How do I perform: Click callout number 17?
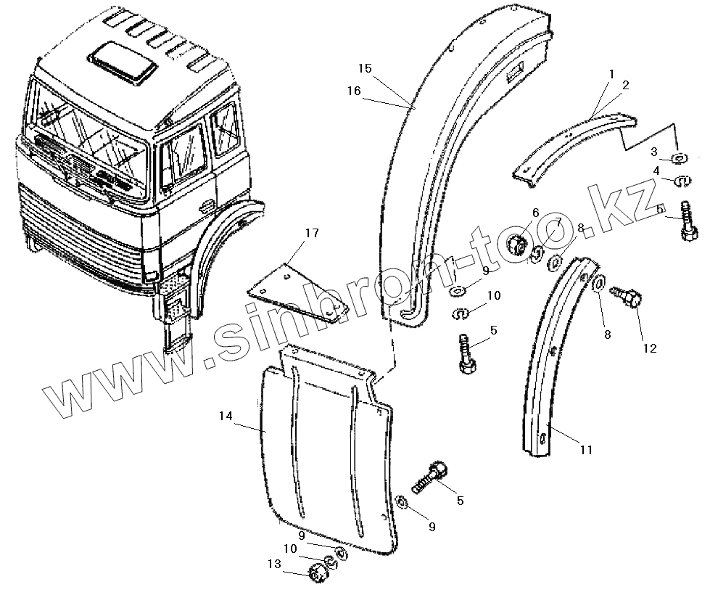point(311,233)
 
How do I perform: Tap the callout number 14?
point(226,416)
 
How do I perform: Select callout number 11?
point(586,450)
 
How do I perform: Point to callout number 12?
point(649,348)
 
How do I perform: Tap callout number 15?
point(365,68)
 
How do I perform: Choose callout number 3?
point(653,152)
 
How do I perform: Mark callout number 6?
point(536,212)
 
